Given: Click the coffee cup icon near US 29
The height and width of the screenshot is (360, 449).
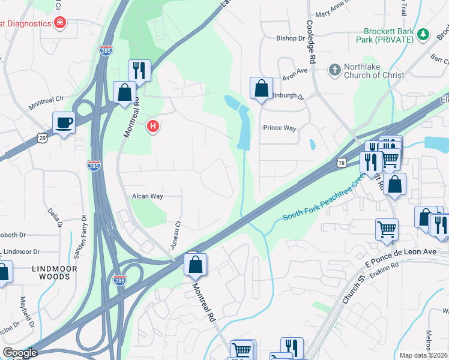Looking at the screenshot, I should (x=64, y=123).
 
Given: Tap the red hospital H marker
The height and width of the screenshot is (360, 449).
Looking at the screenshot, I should (x=154, y=126).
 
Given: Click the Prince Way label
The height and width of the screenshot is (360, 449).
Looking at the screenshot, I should (x=280, y=128).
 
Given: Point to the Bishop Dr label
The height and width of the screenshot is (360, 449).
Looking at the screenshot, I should (x=291, y=38).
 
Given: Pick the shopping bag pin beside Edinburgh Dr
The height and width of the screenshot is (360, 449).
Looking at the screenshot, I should (x=262, y=89).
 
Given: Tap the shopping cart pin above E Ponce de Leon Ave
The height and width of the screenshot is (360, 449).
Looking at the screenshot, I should (x=387, y=229).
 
